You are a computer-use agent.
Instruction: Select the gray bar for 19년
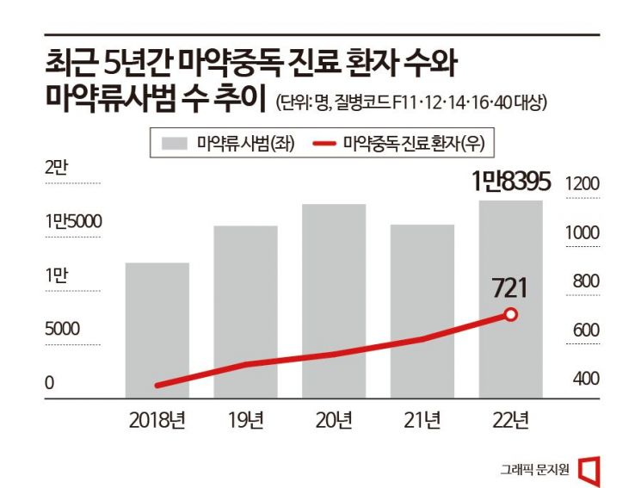pyautogui.click(x=245, y=312)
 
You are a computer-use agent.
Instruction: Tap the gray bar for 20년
pyautogui.click(x=334, y=300)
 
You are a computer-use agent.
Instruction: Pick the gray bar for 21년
pyautogui.click(x=422, y=311)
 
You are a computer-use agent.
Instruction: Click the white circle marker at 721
pyautogui.click(x=510, y=315)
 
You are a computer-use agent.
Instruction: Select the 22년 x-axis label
pyautogui.click(x=510, y=421)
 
